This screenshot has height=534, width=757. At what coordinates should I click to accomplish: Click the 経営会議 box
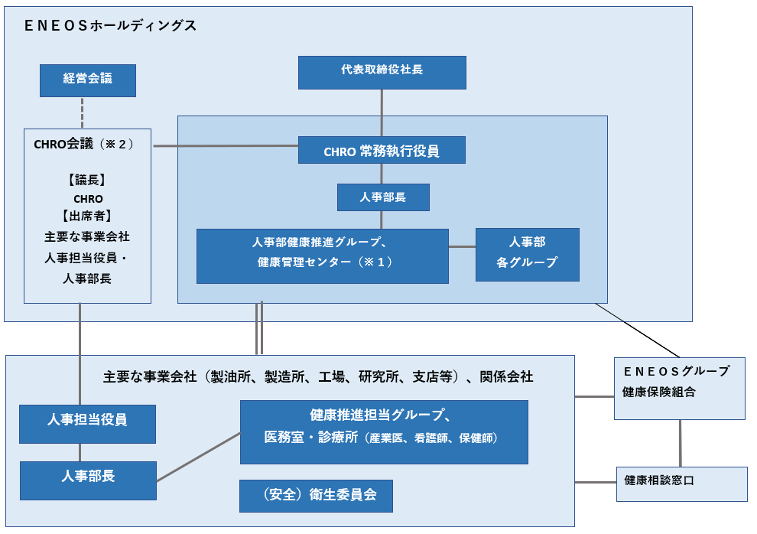click(88, 80)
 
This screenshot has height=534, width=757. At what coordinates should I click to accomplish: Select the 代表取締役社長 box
click(382, 72)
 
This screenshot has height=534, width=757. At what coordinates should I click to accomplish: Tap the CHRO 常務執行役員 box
click(382, 150)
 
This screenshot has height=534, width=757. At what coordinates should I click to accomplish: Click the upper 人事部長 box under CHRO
click(383, 197)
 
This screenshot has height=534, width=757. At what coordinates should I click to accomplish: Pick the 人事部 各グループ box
click(527, 254)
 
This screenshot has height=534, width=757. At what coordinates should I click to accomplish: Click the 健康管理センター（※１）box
click(322, 256)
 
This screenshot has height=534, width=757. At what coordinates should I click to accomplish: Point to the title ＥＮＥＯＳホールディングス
click(110, 26)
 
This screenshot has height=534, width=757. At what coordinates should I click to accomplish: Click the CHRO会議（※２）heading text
click(84, 143)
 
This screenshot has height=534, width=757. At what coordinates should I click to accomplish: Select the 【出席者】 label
click(87, 217)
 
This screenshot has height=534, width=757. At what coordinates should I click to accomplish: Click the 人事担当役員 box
click(87, 424)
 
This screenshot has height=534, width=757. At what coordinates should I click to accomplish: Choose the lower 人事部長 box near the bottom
click(87, 480)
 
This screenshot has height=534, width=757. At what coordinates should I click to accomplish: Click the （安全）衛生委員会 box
click(317, 496)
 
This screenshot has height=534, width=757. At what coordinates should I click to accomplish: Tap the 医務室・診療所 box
click(383, 431)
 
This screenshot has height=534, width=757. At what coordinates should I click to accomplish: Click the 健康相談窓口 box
click(681, 484)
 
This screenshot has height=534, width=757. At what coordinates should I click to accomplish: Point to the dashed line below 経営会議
click(82, 112)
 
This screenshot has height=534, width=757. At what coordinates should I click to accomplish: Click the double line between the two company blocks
click(260, 329)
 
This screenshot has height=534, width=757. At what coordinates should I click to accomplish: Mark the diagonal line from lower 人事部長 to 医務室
click(199, 456)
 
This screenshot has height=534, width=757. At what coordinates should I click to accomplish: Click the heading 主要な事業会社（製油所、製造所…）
click(318, 376)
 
